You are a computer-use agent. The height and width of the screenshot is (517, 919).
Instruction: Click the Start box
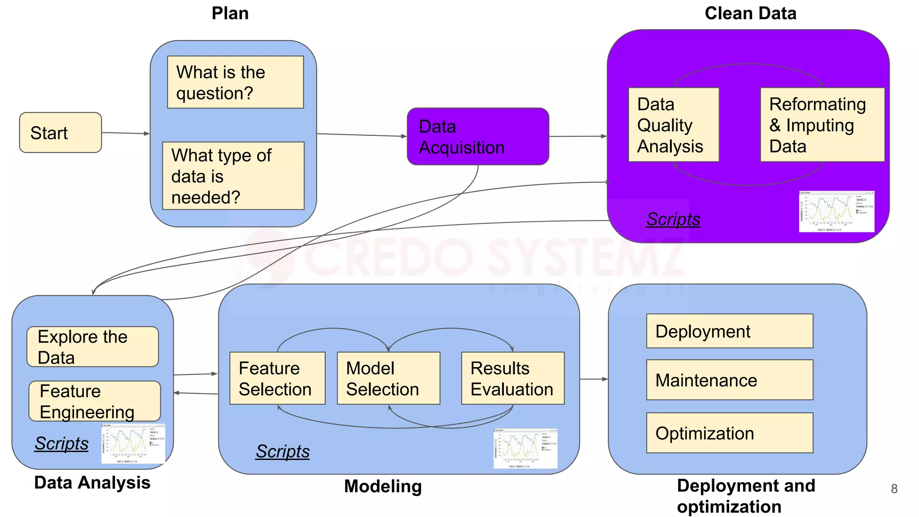60,132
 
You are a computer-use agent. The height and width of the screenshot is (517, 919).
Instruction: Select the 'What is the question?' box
235,82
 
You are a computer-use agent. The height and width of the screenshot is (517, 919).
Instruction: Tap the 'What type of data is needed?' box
233,175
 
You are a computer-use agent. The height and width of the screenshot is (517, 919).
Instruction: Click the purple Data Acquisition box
477,136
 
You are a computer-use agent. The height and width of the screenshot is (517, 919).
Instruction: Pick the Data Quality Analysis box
673,125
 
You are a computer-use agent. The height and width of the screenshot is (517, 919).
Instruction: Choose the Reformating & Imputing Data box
822,125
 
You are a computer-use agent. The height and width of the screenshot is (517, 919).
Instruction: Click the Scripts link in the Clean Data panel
673,219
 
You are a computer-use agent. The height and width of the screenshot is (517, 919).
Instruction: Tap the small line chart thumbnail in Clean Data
836,211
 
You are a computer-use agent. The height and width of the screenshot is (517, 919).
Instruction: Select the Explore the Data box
92,346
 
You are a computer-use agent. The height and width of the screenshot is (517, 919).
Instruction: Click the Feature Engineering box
94,401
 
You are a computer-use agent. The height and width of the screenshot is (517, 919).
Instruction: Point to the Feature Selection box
277,378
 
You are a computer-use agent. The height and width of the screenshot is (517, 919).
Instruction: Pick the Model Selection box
388,378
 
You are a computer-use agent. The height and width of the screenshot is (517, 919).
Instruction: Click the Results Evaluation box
512,378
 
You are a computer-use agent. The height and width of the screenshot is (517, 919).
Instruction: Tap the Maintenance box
729,380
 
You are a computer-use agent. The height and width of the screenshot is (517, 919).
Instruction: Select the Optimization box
729,433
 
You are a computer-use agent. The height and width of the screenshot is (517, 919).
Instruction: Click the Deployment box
729,331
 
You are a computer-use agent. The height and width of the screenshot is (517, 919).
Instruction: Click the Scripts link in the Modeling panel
282,451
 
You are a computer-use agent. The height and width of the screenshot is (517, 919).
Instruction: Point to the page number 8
894,489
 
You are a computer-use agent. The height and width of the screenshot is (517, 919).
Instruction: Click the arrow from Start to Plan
126,133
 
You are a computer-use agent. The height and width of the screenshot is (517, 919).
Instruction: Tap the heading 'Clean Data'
750,13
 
